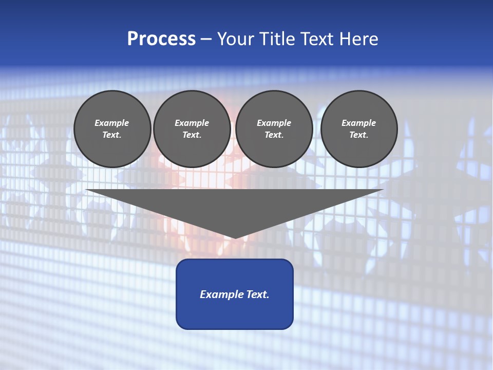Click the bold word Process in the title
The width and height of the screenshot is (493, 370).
tap(161, 39)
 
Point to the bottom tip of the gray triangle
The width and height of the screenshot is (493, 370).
tap(235, 237)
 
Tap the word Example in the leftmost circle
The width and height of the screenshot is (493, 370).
tap(112, 123)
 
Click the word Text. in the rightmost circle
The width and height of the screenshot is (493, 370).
tap(359, 135)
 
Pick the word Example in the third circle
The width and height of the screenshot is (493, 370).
tap(274, 123)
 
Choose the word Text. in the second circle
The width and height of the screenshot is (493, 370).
tap(192, 135)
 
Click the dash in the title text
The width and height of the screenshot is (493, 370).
tap(206, 40)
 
